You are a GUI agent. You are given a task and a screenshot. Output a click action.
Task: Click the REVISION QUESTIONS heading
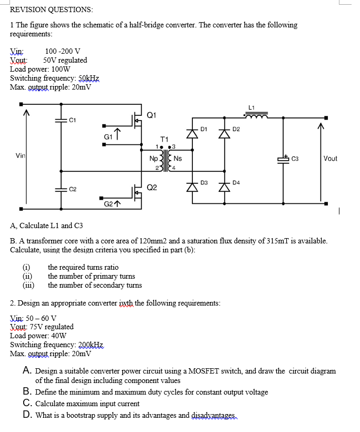point(52,9)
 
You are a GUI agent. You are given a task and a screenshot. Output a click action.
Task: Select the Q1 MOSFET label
point(152,114)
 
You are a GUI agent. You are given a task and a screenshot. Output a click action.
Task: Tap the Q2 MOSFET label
point(152,187)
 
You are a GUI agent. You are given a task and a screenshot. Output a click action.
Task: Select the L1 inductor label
point(251,107)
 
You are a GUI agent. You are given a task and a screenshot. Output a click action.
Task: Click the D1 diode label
point(204,129)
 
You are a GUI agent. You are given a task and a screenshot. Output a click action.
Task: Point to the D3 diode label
point(204,183)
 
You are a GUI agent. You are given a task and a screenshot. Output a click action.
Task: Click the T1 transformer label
point(164,139)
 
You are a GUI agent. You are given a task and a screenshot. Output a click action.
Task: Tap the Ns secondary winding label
point(178,158)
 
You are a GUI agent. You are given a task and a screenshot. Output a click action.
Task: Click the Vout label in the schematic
point(330,158)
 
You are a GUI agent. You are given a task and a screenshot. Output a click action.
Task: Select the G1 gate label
point(108,136)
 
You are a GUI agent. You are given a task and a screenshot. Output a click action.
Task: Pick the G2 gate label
point(108,203)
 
